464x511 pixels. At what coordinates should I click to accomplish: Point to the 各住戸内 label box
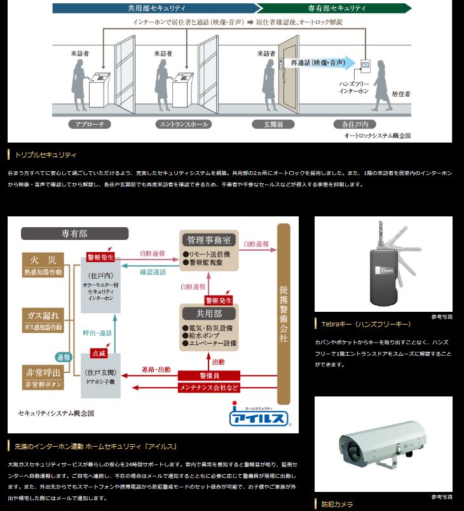(x=359, y=125)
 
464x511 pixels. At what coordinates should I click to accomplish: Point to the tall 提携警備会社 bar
(x=283, y=314)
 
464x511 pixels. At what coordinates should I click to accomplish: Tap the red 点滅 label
(x=99, y=353)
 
